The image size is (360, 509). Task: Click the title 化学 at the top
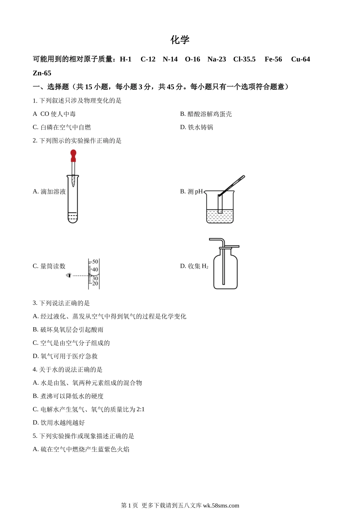(x=180, y=40)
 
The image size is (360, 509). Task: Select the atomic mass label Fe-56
(x=273, y=59)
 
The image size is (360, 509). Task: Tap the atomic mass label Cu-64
(x=301, y=59)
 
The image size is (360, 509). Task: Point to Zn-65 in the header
(x=42, y=73)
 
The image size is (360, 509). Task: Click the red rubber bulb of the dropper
(x=73, y=154)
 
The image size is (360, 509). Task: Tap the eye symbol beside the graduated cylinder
(x=69, y=275)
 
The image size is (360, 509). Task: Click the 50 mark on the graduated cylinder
(x=95, y=262)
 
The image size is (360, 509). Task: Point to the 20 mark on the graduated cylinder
(x=95, y=283)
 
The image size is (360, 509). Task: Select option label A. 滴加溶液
(x=49, y=192)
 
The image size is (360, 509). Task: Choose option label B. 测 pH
(x=191, y=192)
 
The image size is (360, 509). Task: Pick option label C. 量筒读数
(x=49, y=266)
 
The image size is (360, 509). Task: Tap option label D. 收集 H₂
(x=194, y=266)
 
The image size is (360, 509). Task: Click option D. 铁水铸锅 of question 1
(x=197, y=127)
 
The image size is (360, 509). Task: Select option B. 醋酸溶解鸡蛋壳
(x=206, y=114)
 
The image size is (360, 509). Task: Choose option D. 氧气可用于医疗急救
(x=65, y=356)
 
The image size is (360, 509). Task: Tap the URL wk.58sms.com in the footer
(x=221, y=505)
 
